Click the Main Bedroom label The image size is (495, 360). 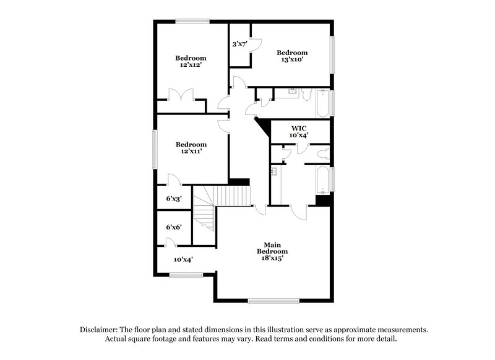272,248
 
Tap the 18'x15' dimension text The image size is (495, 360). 272,258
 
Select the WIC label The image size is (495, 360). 299,127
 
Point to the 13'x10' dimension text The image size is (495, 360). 291,61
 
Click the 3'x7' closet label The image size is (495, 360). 239,44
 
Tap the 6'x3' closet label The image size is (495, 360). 173,199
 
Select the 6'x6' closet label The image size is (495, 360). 173,227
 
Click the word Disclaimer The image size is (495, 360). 100,330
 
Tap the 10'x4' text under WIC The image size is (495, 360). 299,135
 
